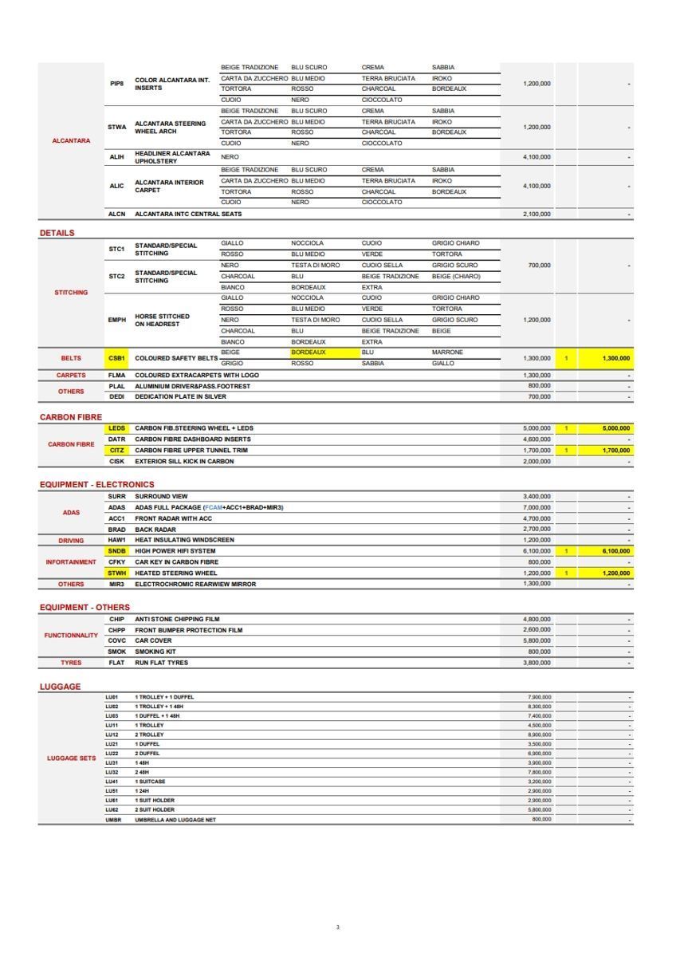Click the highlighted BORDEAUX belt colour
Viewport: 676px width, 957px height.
pyautogui.click(x=309, y=352)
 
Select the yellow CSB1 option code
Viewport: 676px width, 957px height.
pyautogui.click(x=116, y=358)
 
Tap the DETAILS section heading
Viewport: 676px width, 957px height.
pyautogui.click(x=57, y=233)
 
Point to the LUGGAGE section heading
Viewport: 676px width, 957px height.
pyautogui.click(x=60, y=687)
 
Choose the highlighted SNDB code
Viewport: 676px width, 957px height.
pyautogui.click(x=116, y=551)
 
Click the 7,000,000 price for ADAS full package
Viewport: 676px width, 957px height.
pyautogui.click(x=536, y=507)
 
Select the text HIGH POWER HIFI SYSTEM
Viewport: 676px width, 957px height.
pyautogui.click(x=175, y=551)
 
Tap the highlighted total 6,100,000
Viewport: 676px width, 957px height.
pyautogui.click(x=616, y=551)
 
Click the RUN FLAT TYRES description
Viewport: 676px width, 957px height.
pyautogui.click(x=162, y=663)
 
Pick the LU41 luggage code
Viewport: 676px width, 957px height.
pyautogui.click(x=112, y=782)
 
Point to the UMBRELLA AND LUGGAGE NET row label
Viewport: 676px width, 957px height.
pyautogui.click(x=175, y=819)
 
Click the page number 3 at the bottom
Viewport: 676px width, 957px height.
pyautogui.click(x=337, y=927)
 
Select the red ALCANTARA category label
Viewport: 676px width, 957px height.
pyautogui.click(x=71, y=140)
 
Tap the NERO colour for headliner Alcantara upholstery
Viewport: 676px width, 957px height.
pyautogui.click(x=230, y=157)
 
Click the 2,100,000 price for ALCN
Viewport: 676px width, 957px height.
pyautogui.click(x=536, y=214)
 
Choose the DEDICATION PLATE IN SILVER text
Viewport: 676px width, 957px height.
pyautogui.click(x=180, y=396)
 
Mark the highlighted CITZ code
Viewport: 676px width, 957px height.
pyautogui.click(x=116, y=451)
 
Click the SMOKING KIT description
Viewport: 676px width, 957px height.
pyautogui.click(x=155, y=652)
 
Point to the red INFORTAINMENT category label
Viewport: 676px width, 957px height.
pyautogui.click(x=71, y=562)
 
